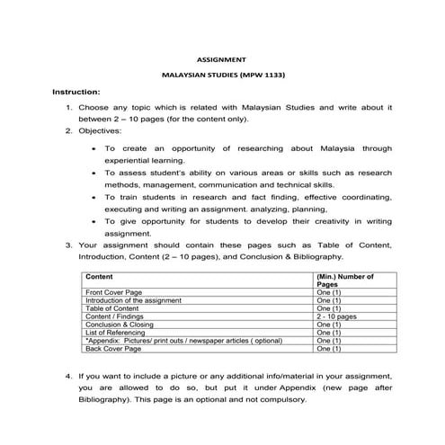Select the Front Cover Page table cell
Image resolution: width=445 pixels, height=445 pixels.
pos(113,292)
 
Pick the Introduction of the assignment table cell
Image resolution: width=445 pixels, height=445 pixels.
pos(133,300)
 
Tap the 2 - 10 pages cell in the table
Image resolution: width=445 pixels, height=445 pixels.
pos(336,316)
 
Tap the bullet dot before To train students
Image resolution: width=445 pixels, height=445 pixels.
pos(95,195)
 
